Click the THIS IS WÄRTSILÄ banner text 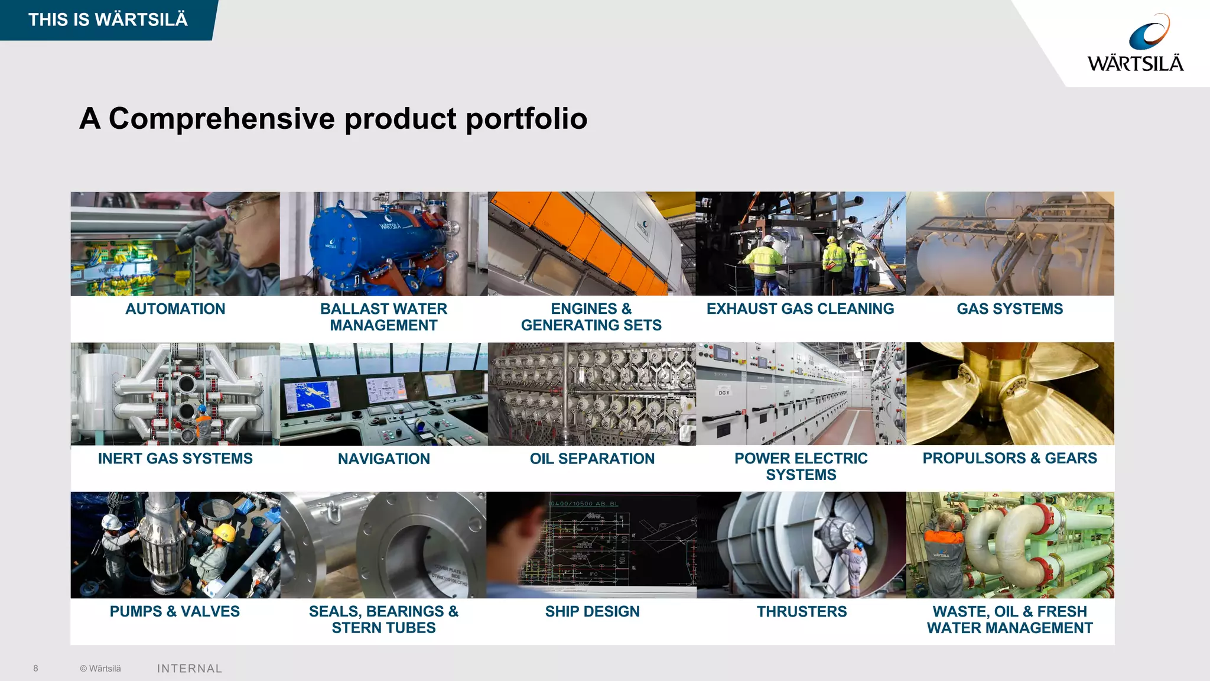coord(108,20)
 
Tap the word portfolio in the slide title coord(526,119)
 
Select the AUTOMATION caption coord(175,309)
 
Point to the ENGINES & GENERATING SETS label coord(591,317)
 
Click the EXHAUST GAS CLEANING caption coord(800,309)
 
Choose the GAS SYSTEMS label coord(1009,309)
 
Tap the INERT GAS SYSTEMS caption coord(175,459)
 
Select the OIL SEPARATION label coord(592,459)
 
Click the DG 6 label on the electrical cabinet coord(724,393)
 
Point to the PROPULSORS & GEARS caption coord(1009,458)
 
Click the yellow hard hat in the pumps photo coord(225,532)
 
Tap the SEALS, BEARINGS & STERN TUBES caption coord(383,620)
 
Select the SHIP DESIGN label coord(592,611)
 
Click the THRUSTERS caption coord(801,611)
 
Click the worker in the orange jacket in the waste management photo coord(944,550)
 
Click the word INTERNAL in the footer coord(190,669)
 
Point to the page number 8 coord(35,669)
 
